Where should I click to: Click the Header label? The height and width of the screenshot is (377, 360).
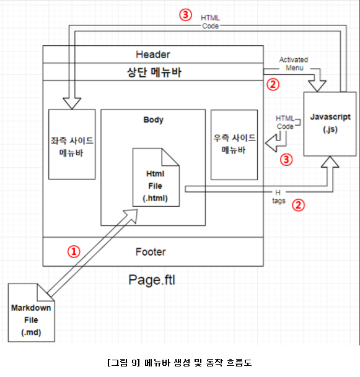[153, 54]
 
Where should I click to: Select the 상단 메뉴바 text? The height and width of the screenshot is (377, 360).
[154, 72]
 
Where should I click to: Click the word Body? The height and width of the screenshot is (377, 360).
[153, 119]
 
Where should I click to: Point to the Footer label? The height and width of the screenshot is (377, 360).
[151, 252]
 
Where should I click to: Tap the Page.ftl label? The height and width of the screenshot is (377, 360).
[152, 280]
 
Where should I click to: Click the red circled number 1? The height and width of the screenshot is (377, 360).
[74, 251]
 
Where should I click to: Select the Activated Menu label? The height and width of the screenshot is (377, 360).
[294, 64]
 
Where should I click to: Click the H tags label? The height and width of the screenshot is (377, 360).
[279, 197]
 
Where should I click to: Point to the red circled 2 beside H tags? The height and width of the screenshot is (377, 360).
[299, 205]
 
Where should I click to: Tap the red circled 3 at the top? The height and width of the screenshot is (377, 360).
[185, 15]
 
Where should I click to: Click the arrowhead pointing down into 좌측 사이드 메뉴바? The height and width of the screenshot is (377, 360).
[72, 103]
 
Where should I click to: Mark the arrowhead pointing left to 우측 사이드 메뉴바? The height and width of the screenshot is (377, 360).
[271, 143]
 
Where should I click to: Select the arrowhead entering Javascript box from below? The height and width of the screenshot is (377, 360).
[330, 162]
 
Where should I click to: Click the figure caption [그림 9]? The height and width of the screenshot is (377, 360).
[123, 363]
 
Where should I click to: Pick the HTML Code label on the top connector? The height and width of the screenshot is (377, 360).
[210, 22]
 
